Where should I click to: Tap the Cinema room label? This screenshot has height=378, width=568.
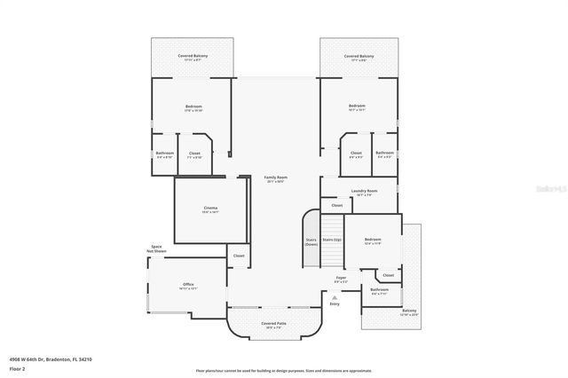(209, 209)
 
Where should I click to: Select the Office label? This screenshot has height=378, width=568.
(188, 286)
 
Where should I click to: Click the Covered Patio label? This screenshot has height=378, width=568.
(273, 325)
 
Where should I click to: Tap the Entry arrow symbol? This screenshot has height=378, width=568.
(335, 298)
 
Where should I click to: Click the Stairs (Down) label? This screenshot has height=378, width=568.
(312, 241)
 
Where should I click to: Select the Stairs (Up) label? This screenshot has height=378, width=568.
(332, 240)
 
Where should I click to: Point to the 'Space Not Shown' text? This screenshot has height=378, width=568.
(156, 249)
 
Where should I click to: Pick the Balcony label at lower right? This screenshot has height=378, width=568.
(408, 312)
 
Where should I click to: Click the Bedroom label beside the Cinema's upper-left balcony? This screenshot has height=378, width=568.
(193, 108)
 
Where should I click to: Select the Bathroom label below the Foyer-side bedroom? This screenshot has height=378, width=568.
(379, 291)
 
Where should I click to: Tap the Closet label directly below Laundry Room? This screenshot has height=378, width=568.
(337, 205)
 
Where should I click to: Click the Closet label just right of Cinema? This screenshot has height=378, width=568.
(238, 256)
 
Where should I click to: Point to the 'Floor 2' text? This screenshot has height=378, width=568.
(18, 367)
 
